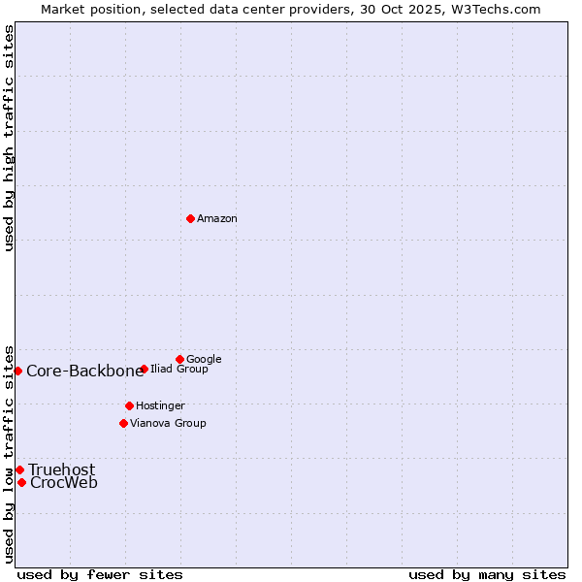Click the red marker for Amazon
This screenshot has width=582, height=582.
(190, 218)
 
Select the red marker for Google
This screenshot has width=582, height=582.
(179, 359)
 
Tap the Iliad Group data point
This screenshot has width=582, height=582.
(144, 369)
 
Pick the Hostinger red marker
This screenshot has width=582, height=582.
(129, 405)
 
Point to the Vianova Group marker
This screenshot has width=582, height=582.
(123, 423)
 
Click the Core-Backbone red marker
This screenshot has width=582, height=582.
(17, 371)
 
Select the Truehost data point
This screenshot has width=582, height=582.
(19, 469)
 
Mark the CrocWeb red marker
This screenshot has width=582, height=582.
(21, 482)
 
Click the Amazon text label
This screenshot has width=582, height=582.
(217, 219)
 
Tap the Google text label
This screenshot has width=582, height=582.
(204, 360)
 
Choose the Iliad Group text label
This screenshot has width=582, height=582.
(179, 370)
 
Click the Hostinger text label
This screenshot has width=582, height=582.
(160, 405)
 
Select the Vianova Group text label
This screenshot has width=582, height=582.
(168, 423)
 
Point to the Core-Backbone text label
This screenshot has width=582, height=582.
(85, 372)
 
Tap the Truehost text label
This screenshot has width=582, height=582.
(62, 470)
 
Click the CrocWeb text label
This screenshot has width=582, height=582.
(64, 483)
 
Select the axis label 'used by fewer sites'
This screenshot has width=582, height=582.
(100, 574)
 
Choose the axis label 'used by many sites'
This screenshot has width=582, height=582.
(487, 574)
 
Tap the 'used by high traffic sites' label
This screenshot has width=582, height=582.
(9, 138)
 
